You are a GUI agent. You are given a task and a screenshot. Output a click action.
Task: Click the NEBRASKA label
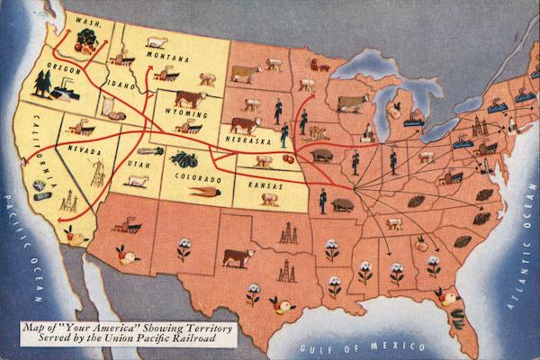click(x=248, y=141)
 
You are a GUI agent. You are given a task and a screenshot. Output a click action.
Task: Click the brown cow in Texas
click(x=238, y=257)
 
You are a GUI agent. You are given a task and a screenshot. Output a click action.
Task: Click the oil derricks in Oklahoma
click(x=288, y=234)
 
